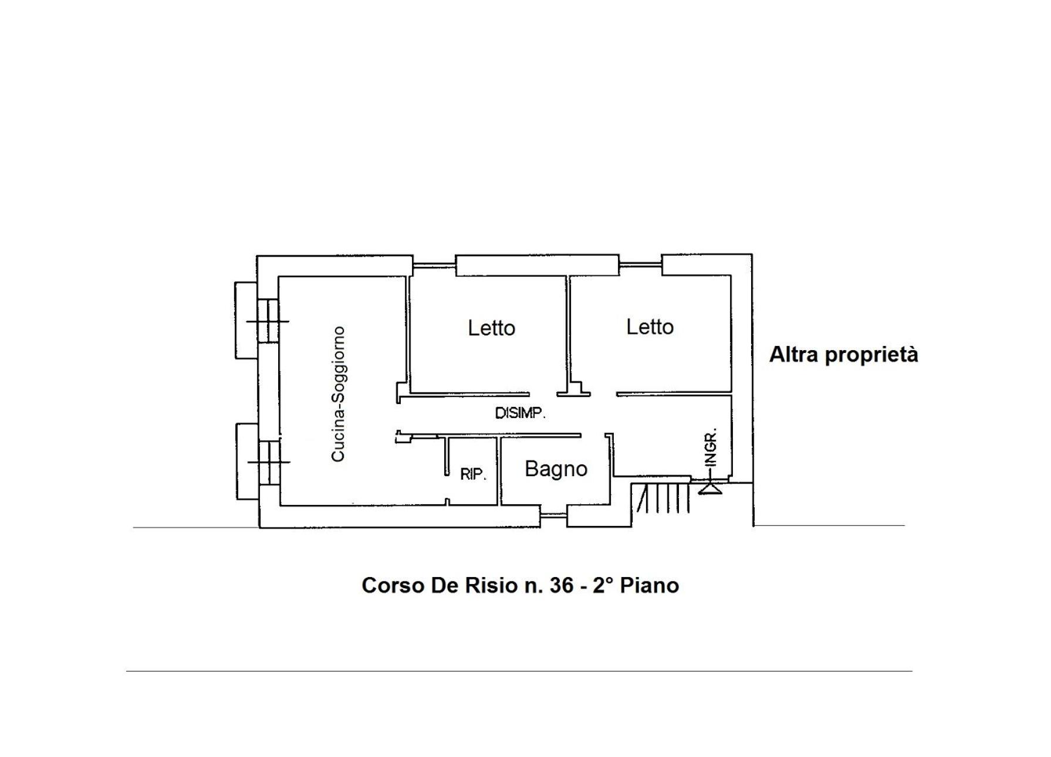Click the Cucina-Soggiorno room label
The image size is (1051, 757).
tap(339, 394)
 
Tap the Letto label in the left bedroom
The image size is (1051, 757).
tap(492, 328)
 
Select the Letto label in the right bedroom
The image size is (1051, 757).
tap(650, 327)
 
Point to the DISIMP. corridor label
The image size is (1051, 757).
tap(521, 413)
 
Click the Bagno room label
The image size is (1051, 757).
tap(556, 469)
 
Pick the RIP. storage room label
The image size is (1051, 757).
tap(474, 474)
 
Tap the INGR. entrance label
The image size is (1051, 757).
tap(711, 447)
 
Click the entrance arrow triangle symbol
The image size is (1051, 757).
tap(709, 488)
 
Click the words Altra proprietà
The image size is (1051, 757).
tap(844, 355)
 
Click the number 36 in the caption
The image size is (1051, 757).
tap(562, 585)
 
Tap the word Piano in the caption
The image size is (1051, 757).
tap(650, 585)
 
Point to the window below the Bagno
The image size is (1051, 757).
tap(553, 515)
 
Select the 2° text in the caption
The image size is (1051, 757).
tap(603, 585)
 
